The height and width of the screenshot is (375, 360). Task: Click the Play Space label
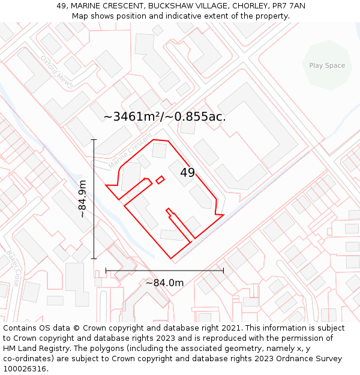327,65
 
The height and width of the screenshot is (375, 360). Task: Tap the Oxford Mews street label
56,71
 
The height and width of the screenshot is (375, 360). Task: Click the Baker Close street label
13,268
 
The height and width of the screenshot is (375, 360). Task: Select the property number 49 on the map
187,173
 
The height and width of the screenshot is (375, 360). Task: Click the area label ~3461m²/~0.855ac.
164,116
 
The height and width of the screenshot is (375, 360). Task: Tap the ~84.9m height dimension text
83,199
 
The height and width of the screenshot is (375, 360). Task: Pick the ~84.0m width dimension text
164,283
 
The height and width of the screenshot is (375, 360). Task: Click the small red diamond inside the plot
160,179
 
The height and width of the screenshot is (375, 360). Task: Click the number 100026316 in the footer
25,368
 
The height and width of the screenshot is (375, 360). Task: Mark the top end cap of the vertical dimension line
94,139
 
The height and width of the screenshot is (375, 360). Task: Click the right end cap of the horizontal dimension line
223,271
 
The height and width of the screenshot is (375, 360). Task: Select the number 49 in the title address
61,6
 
